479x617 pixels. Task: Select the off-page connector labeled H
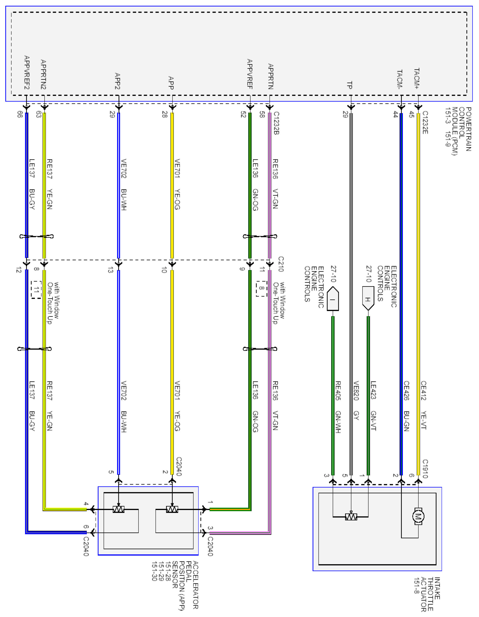click(x=368, y=298)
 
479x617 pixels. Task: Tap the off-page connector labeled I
click(x=332, y=299)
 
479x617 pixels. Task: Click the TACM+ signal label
click(x=416, y=79)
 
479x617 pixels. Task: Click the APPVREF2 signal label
click(x=27, y=72)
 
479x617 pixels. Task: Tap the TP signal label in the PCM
click(x=350, y=85)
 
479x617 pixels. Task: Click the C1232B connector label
click(x=276, y=123)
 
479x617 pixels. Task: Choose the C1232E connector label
click(x=425, y=123)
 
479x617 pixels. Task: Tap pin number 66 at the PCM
click(x=20, y=114)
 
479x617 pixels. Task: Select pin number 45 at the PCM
click(x=412, y=115)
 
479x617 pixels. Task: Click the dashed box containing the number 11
click(x=36, y=290)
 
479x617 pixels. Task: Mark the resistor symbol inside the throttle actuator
click(x=351, y=517)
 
